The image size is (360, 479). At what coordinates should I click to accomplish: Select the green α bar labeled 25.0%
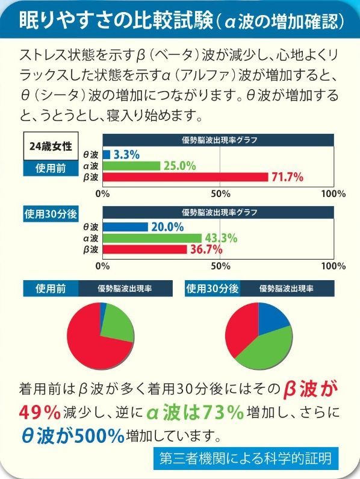click(131, 166)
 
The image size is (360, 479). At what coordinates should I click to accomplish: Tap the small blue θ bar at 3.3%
click(107, 154)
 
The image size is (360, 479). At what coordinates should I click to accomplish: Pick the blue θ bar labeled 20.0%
click(125, 227)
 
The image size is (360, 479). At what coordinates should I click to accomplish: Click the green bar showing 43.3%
click(152, 238)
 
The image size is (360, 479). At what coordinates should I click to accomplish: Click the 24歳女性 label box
click(51, 145)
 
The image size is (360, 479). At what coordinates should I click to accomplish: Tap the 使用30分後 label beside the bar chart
click(50, 213)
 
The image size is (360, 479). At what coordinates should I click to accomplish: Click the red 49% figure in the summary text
click(40, 412)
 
